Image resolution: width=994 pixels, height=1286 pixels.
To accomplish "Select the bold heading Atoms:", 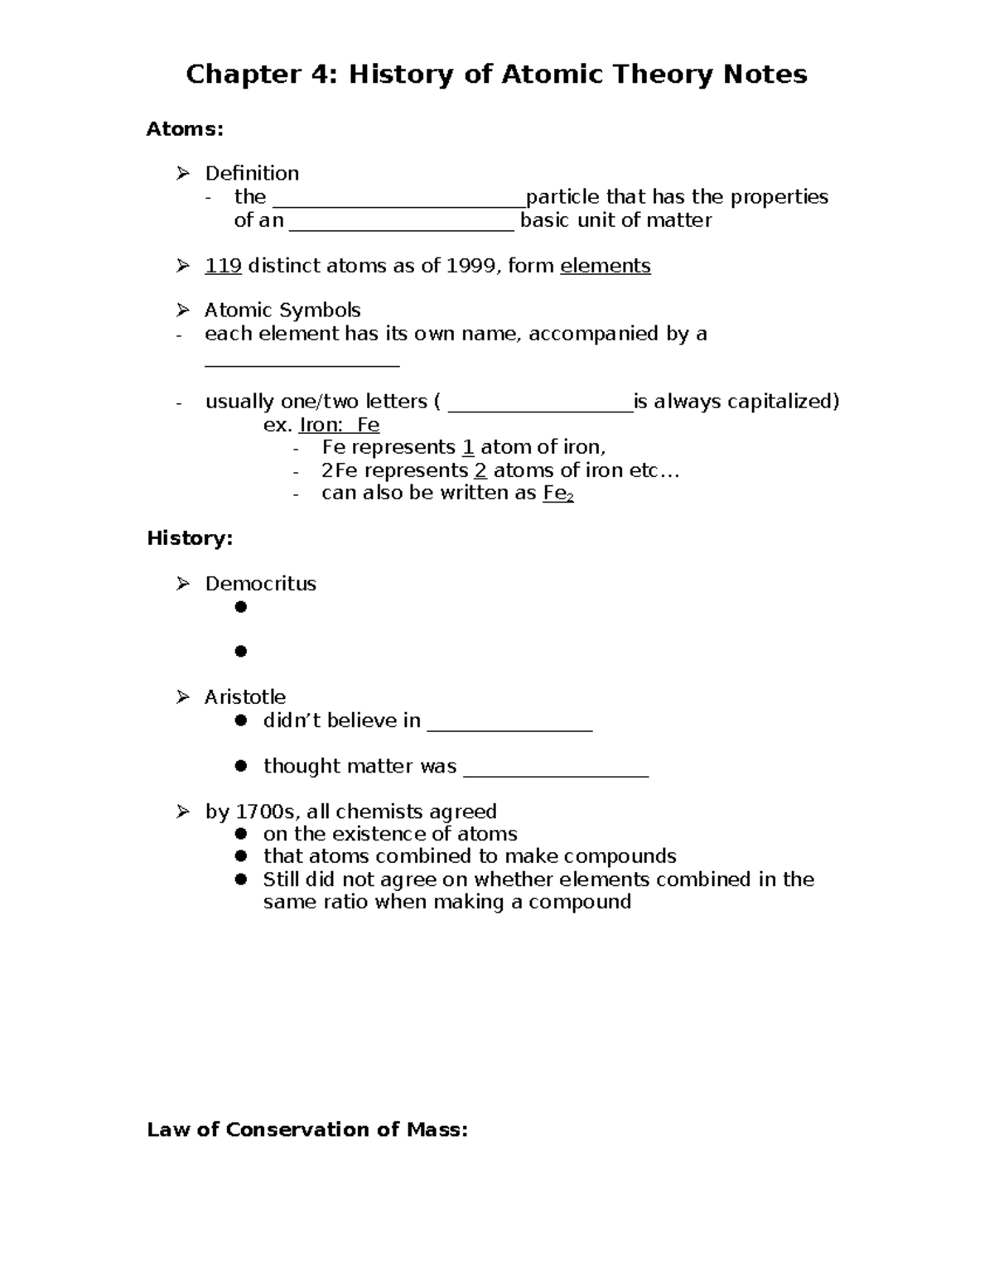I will coord(185,129).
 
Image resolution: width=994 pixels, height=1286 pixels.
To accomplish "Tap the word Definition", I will coord(252,173).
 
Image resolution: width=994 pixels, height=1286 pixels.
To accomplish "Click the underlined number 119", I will coord(223,266).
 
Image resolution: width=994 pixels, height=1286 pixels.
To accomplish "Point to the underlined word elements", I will coord(606,266).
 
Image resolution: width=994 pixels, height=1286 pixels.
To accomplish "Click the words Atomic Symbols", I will coord(282,311).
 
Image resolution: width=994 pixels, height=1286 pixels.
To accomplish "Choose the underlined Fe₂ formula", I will coord(558,494).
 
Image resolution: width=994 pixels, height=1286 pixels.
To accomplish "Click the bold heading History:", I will coord(190,538).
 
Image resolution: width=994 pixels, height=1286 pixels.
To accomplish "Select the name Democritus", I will coord(260,584).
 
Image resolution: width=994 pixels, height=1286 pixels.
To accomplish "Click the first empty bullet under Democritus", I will coord(241,607).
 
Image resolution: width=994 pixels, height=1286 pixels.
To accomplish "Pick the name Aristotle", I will coord(245,697).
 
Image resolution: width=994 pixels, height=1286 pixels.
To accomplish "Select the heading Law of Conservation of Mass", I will coord(307,1130).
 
